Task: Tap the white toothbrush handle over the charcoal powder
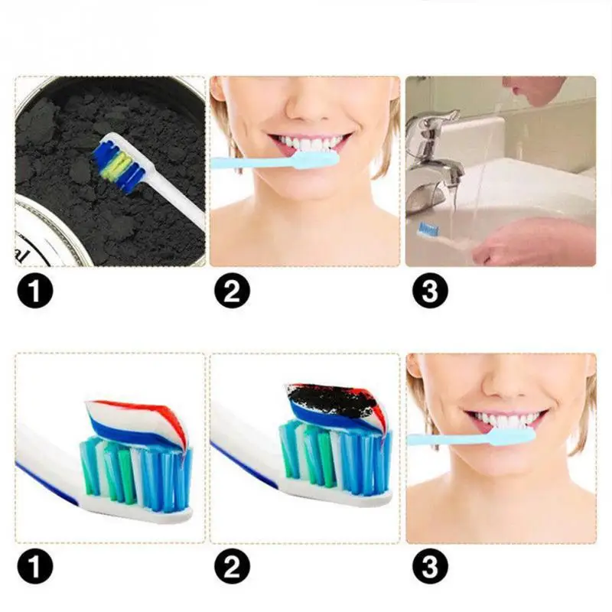click(x=180, y=200)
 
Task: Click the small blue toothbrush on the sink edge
click(x=426, y=229)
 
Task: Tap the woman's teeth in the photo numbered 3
click(x=505, y=421)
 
